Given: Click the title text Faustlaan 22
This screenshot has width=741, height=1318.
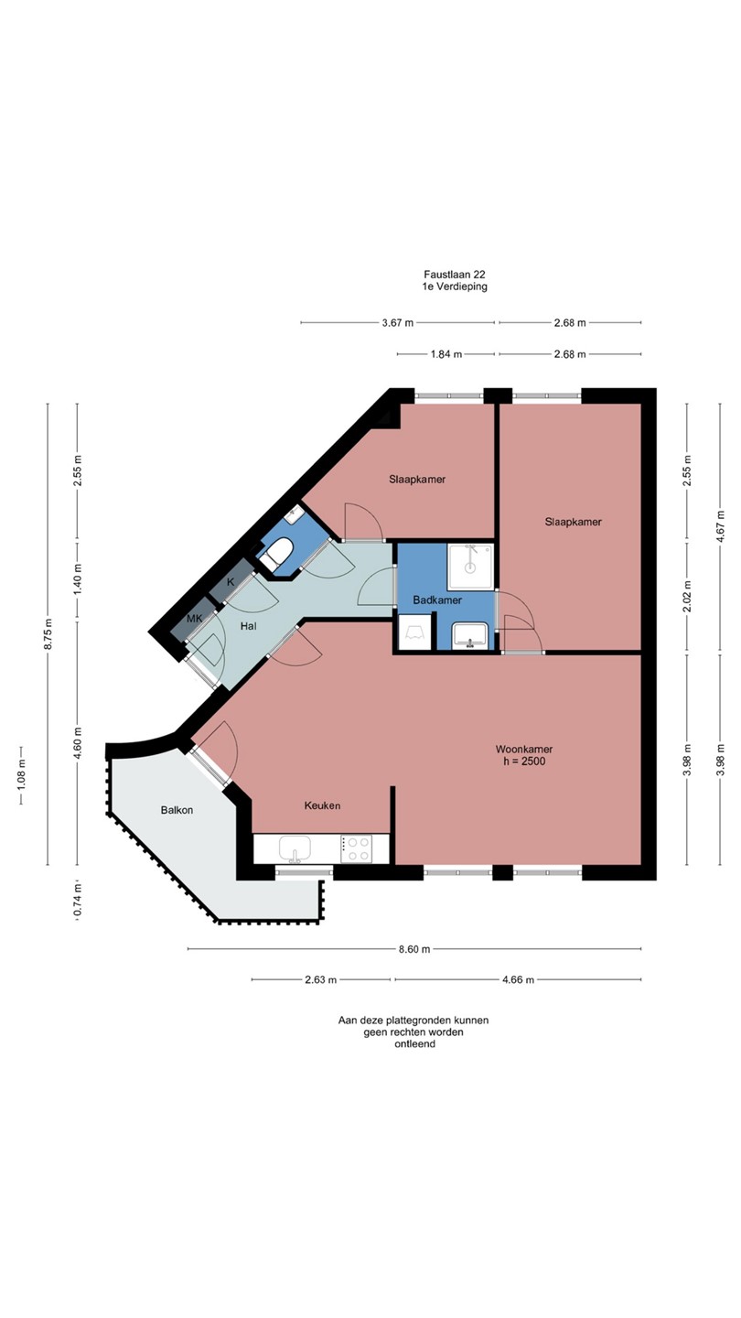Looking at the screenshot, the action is coord(455,275).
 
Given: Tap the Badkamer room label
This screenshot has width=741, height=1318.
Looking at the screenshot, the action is coord(437,600).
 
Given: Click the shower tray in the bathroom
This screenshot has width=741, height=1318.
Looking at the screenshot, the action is coord(470,567).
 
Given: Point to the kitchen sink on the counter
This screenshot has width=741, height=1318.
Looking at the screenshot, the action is coord(295,849).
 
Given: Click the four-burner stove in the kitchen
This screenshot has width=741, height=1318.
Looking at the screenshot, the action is coord(356,849).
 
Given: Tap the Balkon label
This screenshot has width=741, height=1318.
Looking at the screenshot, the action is coord(177,810).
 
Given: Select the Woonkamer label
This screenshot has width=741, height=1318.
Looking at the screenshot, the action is coord(524,749).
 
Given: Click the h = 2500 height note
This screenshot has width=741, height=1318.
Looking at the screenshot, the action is coord(524,762).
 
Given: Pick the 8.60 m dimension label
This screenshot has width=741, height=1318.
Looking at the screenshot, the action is coord(414,948).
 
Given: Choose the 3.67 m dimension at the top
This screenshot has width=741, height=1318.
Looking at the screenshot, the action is coord(398,322).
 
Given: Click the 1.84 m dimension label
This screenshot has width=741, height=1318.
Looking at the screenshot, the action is coord(446,354).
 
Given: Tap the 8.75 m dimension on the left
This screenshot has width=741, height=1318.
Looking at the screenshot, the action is coord(48,633).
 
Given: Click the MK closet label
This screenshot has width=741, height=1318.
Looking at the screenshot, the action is coord(195,619).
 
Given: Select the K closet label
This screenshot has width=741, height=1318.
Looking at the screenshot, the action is coord(231,582).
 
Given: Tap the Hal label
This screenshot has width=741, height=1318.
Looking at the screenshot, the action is coord(248,626).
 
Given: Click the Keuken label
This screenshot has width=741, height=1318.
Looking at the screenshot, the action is coord(322,805).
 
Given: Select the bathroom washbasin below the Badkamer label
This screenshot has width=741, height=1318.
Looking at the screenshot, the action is coord(470,635).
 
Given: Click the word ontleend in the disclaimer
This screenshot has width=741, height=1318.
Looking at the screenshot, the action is coord(415,1043).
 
